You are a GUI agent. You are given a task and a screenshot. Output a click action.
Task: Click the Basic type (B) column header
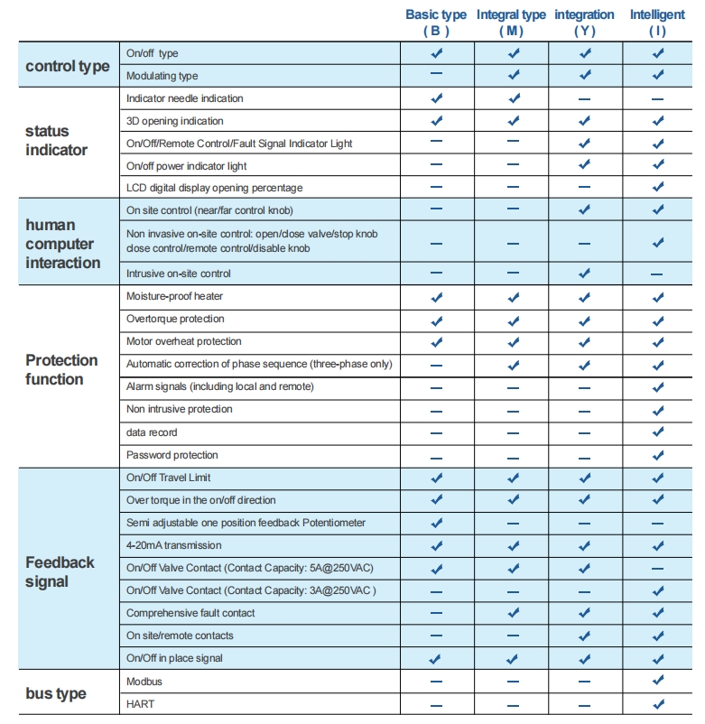tap(436, 23)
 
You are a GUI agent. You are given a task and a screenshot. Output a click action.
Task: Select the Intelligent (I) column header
tap(657, 23)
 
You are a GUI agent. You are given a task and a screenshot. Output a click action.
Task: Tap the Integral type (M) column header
tap(511, 23)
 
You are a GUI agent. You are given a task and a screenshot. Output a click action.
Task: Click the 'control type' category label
tap(68, 66)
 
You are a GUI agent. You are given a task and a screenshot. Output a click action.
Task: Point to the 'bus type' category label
tap(56, 693)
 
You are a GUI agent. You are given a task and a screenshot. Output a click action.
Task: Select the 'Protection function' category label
tap(61, 369)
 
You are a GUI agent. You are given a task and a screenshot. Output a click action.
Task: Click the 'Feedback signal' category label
tap(60, 571)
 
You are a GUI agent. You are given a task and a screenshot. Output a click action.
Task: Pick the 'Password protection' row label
tap(172, 455)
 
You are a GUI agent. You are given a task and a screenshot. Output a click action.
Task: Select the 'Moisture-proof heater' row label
tap(175, 296)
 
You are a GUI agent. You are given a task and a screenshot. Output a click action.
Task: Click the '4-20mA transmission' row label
tap(174, 545)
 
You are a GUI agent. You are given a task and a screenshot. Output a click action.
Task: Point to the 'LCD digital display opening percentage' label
tap(215, 188)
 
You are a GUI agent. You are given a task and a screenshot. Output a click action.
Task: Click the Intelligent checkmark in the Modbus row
tap(657, 681)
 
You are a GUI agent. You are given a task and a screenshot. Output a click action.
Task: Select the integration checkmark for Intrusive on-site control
tap(584, 273)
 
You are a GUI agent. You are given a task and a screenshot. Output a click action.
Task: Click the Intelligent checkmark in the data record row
tap(657, 432)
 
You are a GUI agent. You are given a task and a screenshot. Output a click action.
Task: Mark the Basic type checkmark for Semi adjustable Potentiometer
tap(436, 523)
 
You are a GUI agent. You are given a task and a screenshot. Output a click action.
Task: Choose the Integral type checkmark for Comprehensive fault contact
tap(513, 613)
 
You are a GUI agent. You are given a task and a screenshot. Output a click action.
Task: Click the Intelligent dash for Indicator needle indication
tap(657, 98)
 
